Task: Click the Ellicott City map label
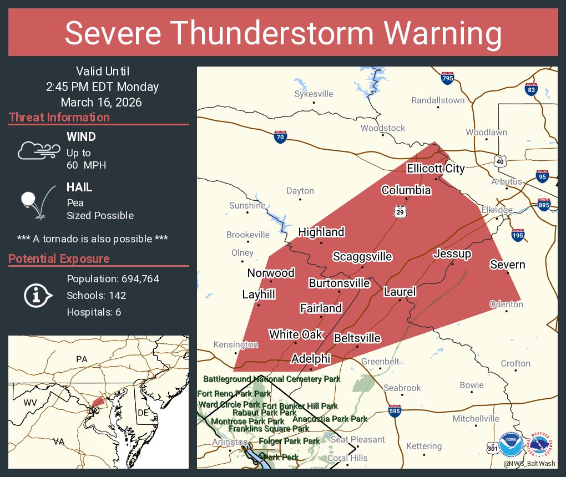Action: [436, 168]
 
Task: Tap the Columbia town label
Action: [406, 190]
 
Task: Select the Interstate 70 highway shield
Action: [281, 136]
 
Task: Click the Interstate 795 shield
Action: [447, 78]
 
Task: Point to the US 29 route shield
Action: [400, 211]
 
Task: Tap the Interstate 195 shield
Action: [518, 236]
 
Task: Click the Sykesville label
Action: [314, 94]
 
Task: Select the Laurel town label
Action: [400, 292]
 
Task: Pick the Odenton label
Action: [506, 304]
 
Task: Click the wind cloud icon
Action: [38, 150]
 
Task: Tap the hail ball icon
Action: [29, 200]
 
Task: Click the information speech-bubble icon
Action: [37, 296]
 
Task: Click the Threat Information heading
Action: [59, 118]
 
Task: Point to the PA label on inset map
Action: [82, 359]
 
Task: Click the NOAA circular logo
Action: [511, 444]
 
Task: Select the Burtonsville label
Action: [339, 283]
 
